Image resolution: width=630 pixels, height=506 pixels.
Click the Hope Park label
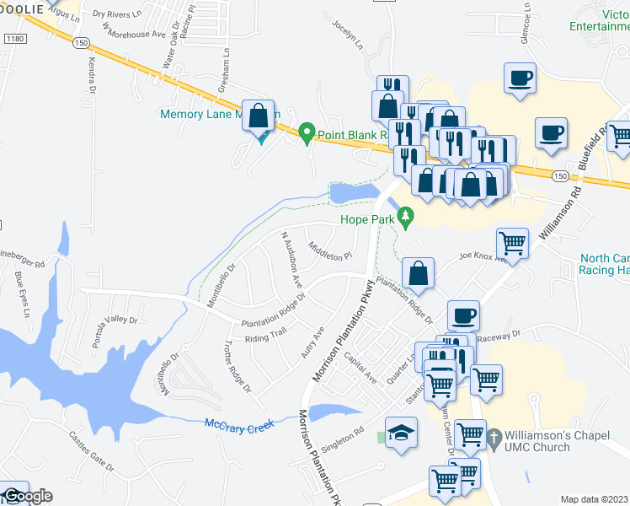pyautogui.click(x=367, y=220)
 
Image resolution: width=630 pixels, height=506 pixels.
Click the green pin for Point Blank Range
pyautogui.click(x=307, y=133)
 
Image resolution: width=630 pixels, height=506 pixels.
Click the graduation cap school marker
pyautogui.click(x=402, y=434)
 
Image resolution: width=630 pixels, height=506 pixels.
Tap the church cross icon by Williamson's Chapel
pyautogui.click(x=494, y=439)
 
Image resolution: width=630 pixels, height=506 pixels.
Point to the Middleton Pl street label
pyautogui.click(x=329, y=251)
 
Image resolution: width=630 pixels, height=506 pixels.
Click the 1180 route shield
pyautogui.click(x=14, y=39)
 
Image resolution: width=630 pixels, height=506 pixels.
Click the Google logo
pyautogui.click(x=27, y=496)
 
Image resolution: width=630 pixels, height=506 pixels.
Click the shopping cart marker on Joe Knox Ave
pyautogui.click(x=512, y=245)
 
